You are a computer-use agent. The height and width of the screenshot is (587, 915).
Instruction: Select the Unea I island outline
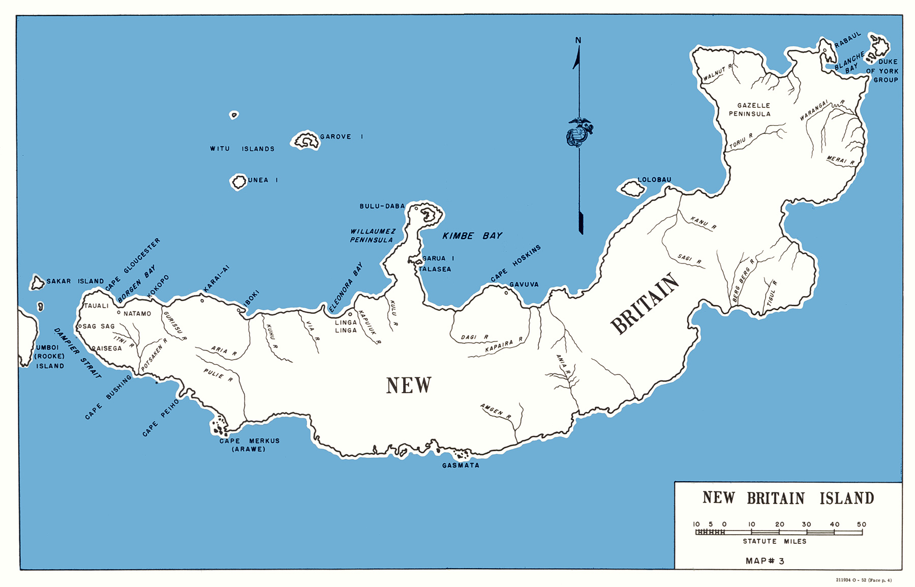238,182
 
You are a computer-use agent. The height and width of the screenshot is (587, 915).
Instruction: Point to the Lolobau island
632,189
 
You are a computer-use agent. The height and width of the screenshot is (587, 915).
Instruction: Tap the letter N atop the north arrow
578,40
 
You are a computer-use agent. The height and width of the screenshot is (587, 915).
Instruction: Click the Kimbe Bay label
472,236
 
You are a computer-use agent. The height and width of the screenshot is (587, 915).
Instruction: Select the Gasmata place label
461,465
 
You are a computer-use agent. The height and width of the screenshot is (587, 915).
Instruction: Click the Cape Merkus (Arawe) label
249,445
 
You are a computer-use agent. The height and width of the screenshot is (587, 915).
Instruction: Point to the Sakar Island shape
37,283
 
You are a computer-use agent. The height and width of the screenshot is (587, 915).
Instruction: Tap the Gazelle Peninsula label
750,109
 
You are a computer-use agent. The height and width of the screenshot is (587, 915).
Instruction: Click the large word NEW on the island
409,386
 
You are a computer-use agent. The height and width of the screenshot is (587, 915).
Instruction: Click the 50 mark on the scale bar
861,524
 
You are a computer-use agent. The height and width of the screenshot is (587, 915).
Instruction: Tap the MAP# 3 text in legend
765,561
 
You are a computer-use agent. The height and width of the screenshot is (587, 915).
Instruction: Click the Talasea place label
435,269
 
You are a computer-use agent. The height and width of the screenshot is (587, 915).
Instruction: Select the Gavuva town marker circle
506,293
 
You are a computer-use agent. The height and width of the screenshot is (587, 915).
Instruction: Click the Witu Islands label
242,149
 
